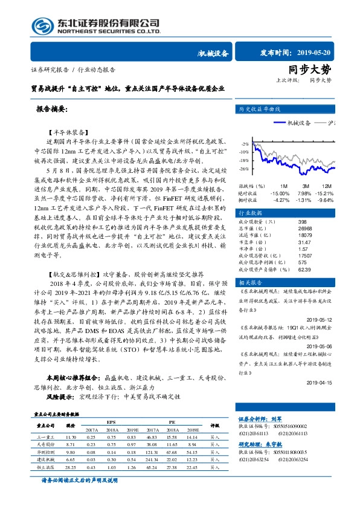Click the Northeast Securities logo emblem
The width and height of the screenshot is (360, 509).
tap(40, 26)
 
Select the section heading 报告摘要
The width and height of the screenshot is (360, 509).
tap(53, 110)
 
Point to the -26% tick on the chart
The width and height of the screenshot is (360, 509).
tap(244, 169)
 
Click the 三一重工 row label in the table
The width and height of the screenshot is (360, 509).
tap(46, 436)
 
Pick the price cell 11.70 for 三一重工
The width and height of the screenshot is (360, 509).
tap(71, 436)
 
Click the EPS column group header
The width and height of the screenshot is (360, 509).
tap(112, 423)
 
